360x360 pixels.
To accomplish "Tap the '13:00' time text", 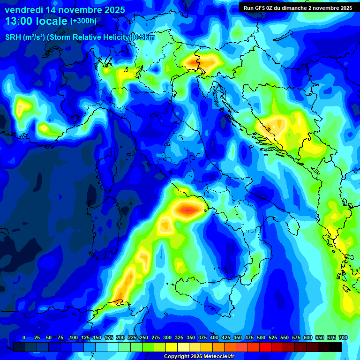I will coord(19,22).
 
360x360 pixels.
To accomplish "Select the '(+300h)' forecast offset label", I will coord(83,21).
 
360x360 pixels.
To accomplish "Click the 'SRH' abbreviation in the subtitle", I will coord(13,37).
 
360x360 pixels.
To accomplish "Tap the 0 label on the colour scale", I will coord(24,337).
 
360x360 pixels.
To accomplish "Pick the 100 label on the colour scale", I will coord(73,337).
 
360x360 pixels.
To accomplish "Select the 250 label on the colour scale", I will coord(143,337).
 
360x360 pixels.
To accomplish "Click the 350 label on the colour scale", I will coord(190,337).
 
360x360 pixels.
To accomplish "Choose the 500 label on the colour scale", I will coord(261,337).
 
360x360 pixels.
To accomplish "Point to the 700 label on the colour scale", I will coord(343,337).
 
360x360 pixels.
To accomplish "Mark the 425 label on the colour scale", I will coord(226,337).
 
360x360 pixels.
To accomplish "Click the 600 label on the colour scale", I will coord(308,337).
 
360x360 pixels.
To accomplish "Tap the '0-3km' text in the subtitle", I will coord(144,37).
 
